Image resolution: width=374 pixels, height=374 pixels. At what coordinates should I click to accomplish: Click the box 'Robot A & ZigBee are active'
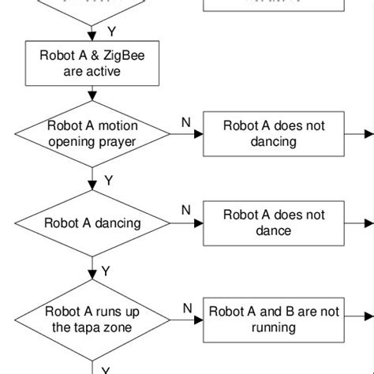[93, 63]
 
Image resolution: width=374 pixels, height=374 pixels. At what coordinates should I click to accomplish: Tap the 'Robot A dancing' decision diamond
[93, 223]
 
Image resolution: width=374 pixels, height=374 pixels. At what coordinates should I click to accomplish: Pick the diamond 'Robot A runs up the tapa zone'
[93, 319]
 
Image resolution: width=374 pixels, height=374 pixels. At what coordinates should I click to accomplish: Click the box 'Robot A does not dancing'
[274, 133]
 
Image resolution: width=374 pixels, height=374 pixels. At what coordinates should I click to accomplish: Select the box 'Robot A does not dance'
[274, 223]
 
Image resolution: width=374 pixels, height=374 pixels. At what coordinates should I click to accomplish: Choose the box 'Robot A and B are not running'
[274, 319]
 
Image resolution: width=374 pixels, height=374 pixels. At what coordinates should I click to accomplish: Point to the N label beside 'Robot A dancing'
[186, 210]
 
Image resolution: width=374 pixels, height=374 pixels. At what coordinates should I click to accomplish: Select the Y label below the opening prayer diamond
[109, 181]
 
